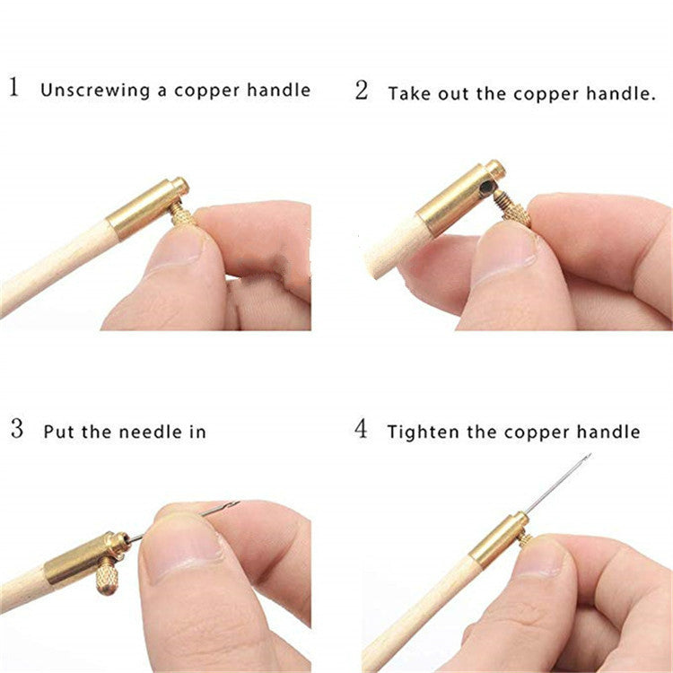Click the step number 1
tap(14, 89)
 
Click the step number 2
tap(362, 91)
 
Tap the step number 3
tap(16, 429)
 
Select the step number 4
tap(362, 429)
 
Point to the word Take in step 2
tap(407, 92)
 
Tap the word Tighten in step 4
tap(420, 433)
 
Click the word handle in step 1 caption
tap(281, 90)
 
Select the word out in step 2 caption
tap(454, 93)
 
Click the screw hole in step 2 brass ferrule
tap(485, 188)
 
